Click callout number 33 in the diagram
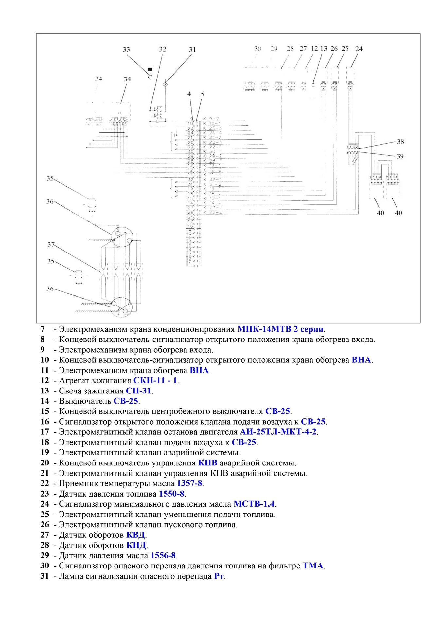click(x=126, y=49)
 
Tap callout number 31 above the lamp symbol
click(x=192, y=49)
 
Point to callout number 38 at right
click(x=400, y=142)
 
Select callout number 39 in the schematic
click(x=400, y=156)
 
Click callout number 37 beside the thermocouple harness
click(x=51, y=244)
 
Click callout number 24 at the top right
click(x=359, y=49)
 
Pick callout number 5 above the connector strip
click(x=203, y=94)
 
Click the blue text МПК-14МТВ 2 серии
click(x=280, y=329)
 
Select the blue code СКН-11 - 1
click(x=155, y=380)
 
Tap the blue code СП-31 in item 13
click(x=138, y=391)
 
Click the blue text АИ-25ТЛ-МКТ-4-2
click(x=278, y=432)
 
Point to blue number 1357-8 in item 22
click(x=189, y=483)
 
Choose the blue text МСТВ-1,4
click(x=254, y=504)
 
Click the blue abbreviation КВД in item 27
click(x=135, y=535)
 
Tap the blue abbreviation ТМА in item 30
click(x=313, y=566)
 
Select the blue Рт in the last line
click(x=219, y=576)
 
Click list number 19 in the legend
click(x=44, y=452)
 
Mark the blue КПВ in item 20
click(x=207, y=463)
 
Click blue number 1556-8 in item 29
click(x=163, y=555)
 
